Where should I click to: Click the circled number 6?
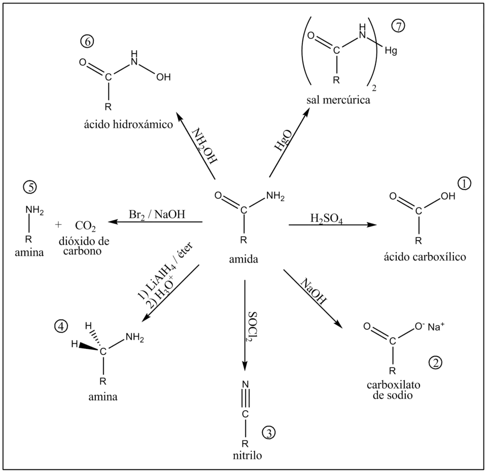pyautogui.click(x=87, y=42)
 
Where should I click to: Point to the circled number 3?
pyautogui.click(x=268, y=432)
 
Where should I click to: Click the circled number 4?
pyautogui.click(x=61, y=326)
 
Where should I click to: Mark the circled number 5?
pyautogui.click(x=30, y=187)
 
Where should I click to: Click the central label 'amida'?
pyautogui.click(x=244, y=259)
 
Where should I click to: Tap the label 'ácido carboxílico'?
pyautogui.click(x=424, y=258)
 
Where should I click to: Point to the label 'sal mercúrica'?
pyautogui.click(x=338, y=100)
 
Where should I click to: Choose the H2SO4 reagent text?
pyautogui.click(x=326, y=219)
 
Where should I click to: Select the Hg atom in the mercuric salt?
pyautogui.click(x=391, y=50)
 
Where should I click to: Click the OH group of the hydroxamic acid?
pyautogui.click(x=163, y=77)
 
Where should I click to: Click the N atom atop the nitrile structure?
pyautogui.click(x=245, y=384)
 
